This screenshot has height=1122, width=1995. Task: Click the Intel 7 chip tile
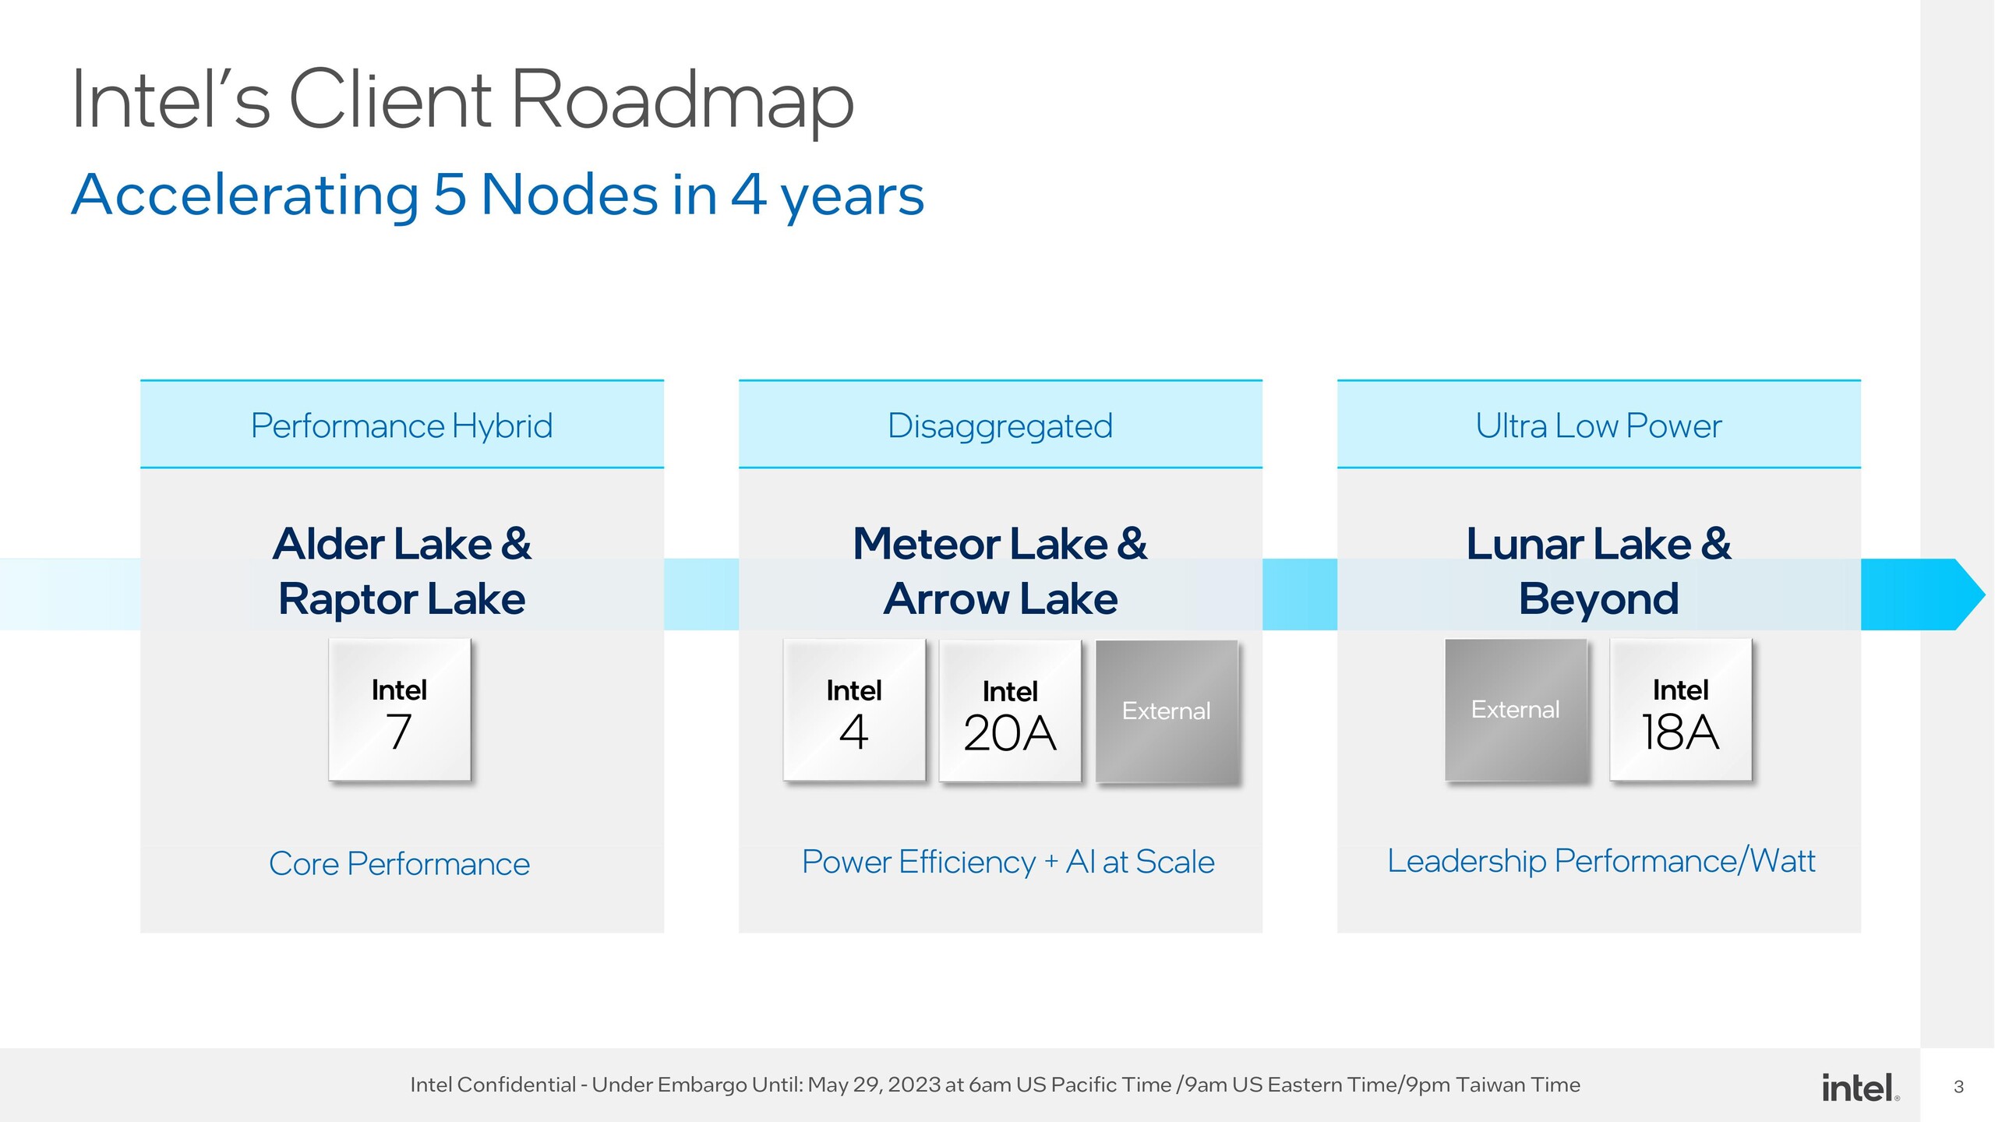tap(399, 710)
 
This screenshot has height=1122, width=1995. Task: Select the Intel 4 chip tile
tap(854, 710)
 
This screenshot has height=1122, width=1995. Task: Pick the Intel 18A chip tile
tap(1680, 710)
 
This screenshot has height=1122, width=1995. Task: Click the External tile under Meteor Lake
tap(1167, 711)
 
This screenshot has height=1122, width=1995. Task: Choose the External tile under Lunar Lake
tap(1516, 710)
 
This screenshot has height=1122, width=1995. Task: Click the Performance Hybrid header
tap(401, 425)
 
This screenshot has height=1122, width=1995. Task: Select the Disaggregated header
tap(1000, 425)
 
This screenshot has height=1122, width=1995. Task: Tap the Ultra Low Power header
tap(1598, 425)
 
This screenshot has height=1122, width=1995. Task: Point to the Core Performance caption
tap(399, 863)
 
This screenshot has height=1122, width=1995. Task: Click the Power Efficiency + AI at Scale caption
tap(1008, 862)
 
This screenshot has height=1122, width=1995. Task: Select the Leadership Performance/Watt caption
tap(1601, 861)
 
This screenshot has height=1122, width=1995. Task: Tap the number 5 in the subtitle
tap(450, 195)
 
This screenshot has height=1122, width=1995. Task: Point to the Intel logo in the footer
tap(1859, 1087)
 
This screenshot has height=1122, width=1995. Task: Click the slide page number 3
tap(1958, 1087)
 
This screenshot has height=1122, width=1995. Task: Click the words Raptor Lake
tap(401, 599)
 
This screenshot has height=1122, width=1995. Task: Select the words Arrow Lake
tap(1000, 599)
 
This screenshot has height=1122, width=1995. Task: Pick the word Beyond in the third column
tap(1598, 599)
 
